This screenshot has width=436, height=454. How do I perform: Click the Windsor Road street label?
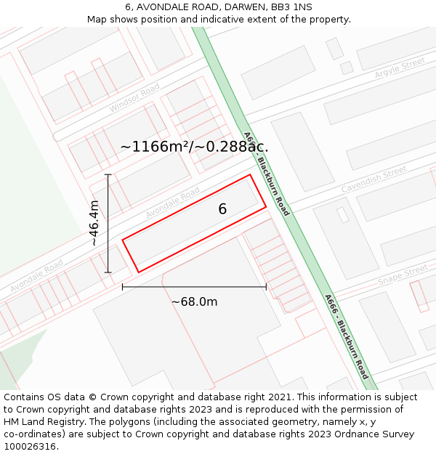click(134, 98)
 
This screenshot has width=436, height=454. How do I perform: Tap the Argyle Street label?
click(400, 68)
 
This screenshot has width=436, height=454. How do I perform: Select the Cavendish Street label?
click(374, 180)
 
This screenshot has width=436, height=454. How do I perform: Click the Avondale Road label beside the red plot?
click(172, 203)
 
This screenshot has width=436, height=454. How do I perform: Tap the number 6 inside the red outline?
click(222, 209)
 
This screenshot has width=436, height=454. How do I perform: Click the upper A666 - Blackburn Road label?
click(267, 174)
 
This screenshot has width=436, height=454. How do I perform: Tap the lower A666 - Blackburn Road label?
click(347, 336)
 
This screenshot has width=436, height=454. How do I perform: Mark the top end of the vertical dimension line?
click(108, 175)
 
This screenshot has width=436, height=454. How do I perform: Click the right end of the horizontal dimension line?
click(266, 287)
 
